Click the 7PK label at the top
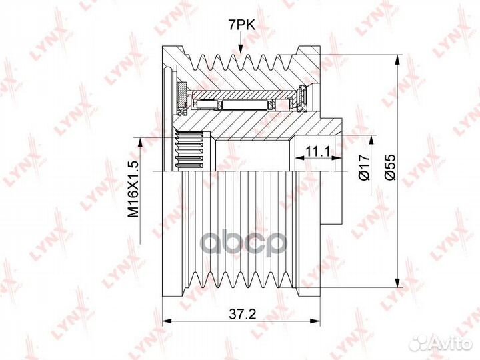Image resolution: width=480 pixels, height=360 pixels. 241,26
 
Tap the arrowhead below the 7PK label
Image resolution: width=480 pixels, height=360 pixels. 241,49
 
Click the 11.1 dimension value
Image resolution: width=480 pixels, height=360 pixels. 318,151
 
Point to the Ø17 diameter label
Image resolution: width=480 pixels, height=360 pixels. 365,167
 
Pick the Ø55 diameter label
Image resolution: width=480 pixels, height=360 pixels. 390,167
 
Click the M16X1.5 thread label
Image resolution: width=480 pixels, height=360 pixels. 133,189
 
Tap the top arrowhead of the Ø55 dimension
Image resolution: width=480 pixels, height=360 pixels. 397,59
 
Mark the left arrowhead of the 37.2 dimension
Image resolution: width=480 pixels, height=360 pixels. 167,321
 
